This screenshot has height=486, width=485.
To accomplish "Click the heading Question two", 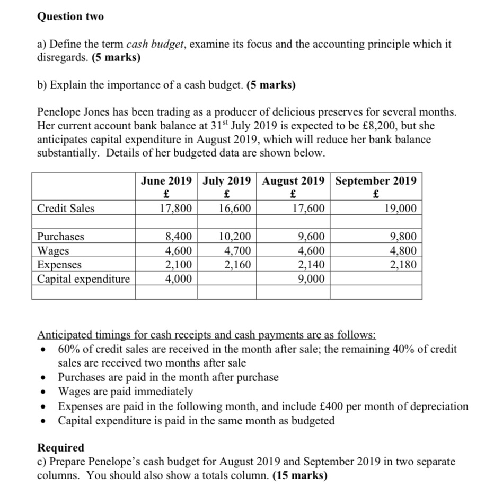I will point(70,16).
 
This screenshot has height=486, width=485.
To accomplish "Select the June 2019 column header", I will point(166,180).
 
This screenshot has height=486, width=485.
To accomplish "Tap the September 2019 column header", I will point(376,180).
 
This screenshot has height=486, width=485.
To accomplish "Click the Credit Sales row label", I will point(66,209).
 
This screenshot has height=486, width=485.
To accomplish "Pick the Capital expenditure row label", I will point(83,279).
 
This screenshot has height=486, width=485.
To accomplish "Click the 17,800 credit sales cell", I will point(175,209).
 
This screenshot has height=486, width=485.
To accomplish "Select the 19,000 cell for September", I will point(400,209).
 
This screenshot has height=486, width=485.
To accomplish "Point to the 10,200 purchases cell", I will point(235,237).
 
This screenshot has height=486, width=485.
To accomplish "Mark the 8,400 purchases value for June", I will point(179,237).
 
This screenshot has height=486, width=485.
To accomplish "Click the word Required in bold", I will point(60,448).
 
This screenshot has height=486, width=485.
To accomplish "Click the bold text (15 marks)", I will point(299,475).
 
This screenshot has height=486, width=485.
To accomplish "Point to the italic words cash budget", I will point(151,44).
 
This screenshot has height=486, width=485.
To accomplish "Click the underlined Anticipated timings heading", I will point(207,335).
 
